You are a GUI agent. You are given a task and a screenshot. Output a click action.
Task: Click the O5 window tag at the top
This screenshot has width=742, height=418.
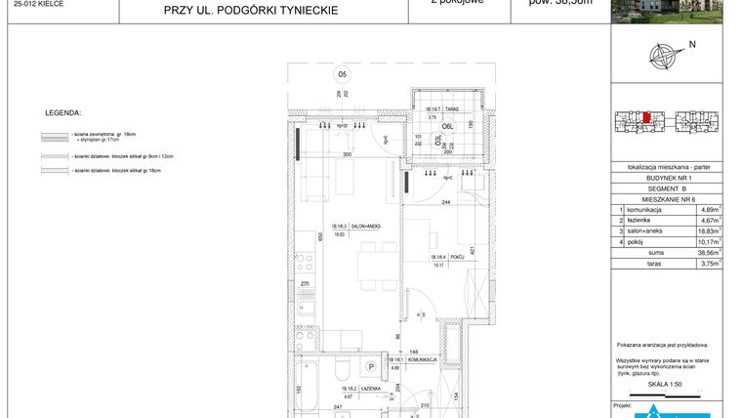342,74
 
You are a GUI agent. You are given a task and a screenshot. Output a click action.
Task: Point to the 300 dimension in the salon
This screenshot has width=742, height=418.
346,154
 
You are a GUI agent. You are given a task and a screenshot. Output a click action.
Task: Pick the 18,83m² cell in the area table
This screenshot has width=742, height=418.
710,230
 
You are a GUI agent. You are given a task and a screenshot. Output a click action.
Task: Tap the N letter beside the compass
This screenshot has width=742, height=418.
691,45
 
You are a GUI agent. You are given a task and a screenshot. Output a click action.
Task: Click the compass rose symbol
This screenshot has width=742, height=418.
665,54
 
